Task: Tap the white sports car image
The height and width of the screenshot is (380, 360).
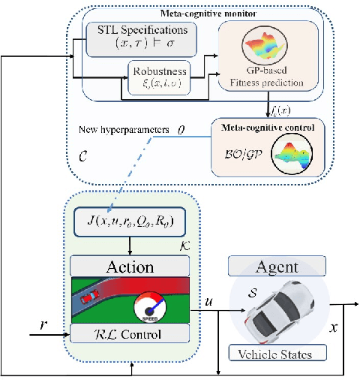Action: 278,307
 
